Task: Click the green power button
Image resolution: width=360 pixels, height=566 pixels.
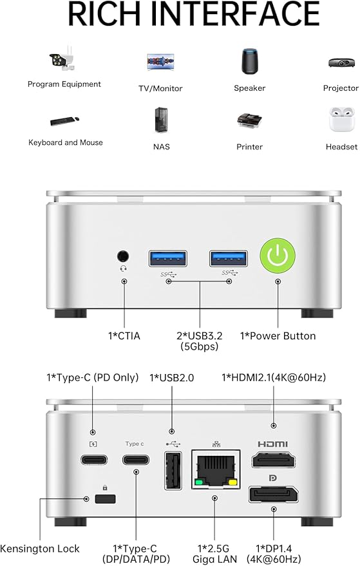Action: click(x=278, y=256)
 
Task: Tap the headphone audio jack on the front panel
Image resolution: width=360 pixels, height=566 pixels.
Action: click(x=123, y=256)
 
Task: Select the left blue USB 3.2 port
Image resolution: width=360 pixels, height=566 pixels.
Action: click(x=168, y=258)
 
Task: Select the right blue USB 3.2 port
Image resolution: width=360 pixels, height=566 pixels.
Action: click(x=229, y=258)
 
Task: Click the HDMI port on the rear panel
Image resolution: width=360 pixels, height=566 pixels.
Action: click(x=273, y=460)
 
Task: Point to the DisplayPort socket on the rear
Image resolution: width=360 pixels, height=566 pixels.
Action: click(x=273, y=494)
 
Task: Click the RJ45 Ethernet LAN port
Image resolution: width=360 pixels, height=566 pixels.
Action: click(x=216, y=469)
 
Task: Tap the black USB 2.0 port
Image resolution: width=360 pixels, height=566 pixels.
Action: click(x=173, y=471)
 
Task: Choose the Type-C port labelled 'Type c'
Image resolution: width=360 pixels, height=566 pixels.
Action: click(x=136, y=460)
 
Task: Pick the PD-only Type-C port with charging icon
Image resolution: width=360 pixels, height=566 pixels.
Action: click(x=94, y=460)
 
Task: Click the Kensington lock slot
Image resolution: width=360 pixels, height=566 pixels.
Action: click(x=105, y=499)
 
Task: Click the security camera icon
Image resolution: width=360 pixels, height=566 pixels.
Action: click(x=64, y=59)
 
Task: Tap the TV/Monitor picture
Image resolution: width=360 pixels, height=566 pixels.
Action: click(x=161, y=62)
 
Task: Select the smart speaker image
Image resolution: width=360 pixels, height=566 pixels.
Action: click(x=250, y=61)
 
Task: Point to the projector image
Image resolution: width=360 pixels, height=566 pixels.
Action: click(x=341, y=63)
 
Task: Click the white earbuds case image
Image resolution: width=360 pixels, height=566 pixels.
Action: click(x=341, y=120)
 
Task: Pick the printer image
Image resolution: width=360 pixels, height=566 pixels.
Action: click(x=249, y=121)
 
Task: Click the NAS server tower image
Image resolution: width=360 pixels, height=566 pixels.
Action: click(x=161, y=120)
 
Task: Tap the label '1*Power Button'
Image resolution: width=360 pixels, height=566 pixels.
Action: click(x=278, y=336)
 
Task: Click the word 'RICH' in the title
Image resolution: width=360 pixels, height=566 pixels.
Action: click(x=104, y=14)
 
